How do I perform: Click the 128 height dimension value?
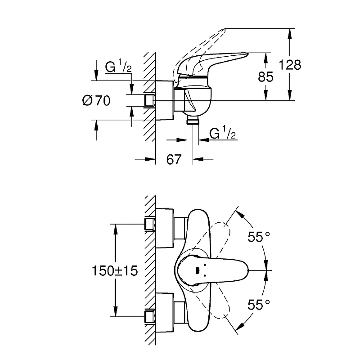click(290, 65)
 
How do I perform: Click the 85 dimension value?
click(265, 76)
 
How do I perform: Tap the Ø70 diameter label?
click(96, 100)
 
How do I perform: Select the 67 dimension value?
click(174, 159)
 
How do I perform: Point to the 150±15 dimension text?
click(115, 271)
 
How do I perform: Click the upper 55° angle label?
click(259, 237)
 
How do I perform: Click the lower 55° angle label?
click(259, 305)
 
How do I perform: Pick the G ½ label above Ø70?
click(118, 66)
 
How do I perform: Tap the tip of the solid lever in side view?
click(248, 54)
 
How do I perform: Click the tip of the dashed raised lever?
click(224, 29)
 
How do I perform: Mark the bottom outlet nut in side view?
click(193, 120)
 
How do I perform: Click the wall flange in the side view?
click(165, 100)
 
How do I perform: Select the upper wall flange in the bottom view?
click(165, 228)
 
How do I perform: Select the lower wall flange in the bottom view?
click(165, 312)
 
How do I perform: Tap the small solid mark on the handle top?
click(197, 271)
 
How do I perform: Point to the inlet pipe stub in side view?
click(149, 100)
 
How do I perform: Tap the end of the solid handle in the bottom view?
click(249, 270)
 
